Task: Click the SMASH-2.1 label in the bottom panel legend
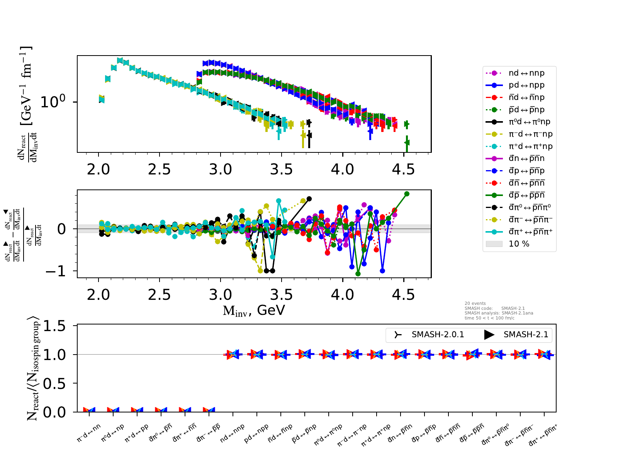click(525, 335)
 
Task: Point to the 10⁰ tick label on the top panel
click(53, 102)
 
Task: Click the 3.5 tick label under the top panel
click(282, 169)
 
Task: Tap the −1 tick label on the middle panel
click(56, 271)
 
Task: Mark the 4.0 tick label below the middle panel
click(343, 295)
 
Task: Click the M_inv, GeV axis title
click(254, 311)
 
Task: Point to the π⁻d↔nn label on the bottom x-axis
click(89, 433)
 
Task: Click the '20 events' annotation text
click(475, 304)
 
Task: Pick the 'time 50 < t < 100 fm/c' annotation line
click(489, 318)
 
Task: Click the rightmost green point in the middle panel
click(407, 194)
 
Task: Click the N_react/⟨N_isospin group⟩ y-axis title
click(33, 368)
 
